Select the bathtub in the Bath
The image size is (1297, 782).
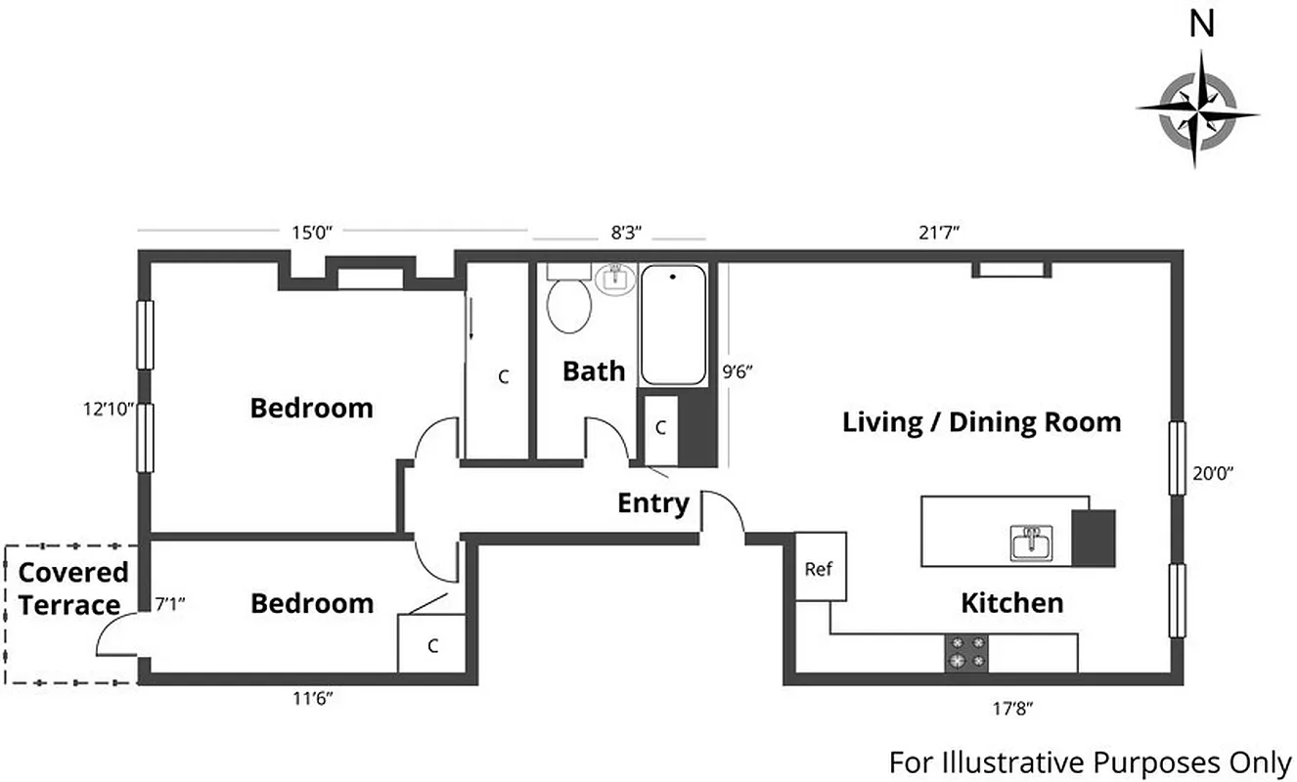(673, 325)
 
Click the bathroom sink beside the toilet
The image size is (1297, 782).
(615, 278)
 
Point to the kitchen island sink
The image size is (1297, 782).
(1030, 542)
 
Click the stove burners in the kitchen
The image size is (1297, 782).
(966, 653)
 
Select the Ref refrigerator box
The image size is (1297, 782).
(820, 567)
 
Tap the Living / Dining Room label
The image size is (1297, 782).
(981, 422)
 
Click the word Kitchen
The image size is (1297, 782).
(1011, 602)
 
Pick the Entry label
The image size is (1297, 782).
(653, 503)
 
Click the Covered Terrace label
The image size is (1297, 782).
(73, 588)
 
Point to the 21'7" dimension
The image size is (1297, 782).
(940, 233)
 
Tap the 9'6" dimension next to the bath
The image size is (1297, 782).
(738, 371)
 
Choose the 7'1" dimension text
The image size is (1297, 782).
(170, 604)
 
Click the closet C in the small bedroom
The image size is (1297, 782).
(431, 645)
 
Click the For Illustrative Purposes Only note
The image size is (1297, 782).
(1090, 760)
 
